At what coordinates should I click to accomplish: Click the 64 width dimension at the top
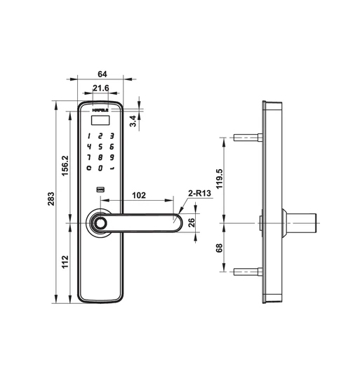pos(102,73)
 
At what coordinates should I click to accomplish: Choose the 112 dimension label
pos(65,262)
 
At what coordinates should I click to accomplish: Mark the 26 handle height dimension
pos(192,223)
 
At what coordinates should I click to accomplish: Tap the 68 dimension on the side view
pos(218,247)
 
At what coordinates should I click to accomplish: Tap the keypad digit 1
pos(89,135)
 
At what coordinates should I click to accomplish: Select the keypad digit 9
pos(112,158)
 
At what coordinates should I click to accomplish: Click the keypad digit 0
pos(101,169)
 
